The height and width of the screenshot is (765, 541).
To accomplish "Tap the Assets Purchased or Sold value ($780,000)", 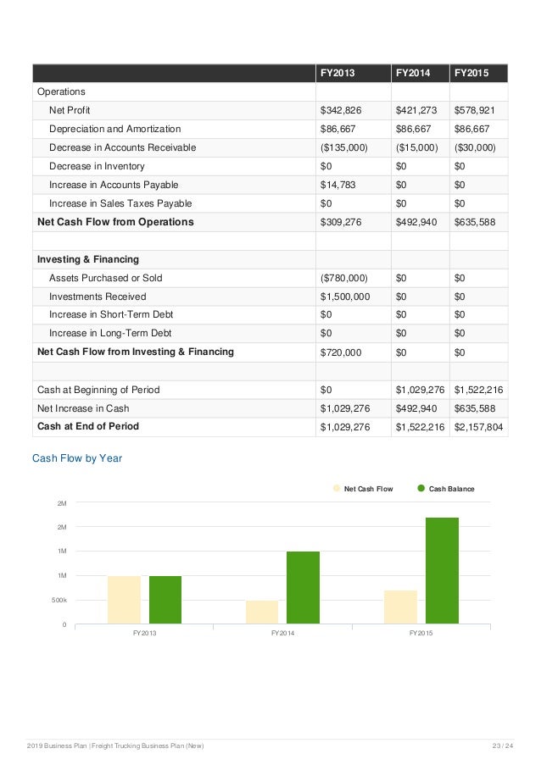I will pos(343,278).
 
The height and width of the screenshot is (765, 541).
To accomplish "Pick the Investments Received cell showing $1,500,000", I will pos(344,297).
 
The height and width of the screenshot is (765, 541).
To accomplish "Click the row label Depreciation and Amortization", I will pos(114,129).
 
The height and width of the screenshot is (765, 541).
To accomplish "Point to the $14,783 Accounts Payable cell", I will pos(337,185).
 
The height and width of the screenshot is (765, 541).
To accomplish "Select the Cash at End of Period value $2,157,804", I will pos(479,426).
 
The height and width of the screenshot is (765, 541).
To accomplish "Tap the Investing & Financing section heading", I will pos(88,259).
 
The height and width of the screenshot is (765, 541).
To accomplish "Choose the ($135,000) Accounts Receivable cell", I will pos(343,147).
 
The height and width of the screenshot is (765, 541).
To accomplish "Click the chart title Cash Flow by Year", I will pos(77,458).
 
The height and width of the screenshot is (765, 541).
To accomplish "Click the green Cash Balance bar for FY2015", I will pos(442,571).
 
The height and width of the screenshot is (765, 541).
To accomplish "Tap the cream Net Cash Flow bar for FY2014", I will pos(262,613).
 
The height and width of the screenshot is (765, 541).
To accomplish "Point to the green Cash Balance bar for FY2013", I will pos(165,600).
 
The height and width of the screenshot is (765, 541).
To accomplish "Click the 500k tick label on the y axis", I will pos(58,601).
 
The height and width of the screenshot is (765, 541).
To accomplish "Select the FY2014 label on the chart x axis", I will pos(282,634).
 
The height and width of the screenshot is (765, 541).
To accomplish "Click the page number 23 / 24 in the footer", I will pos(502,746).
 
